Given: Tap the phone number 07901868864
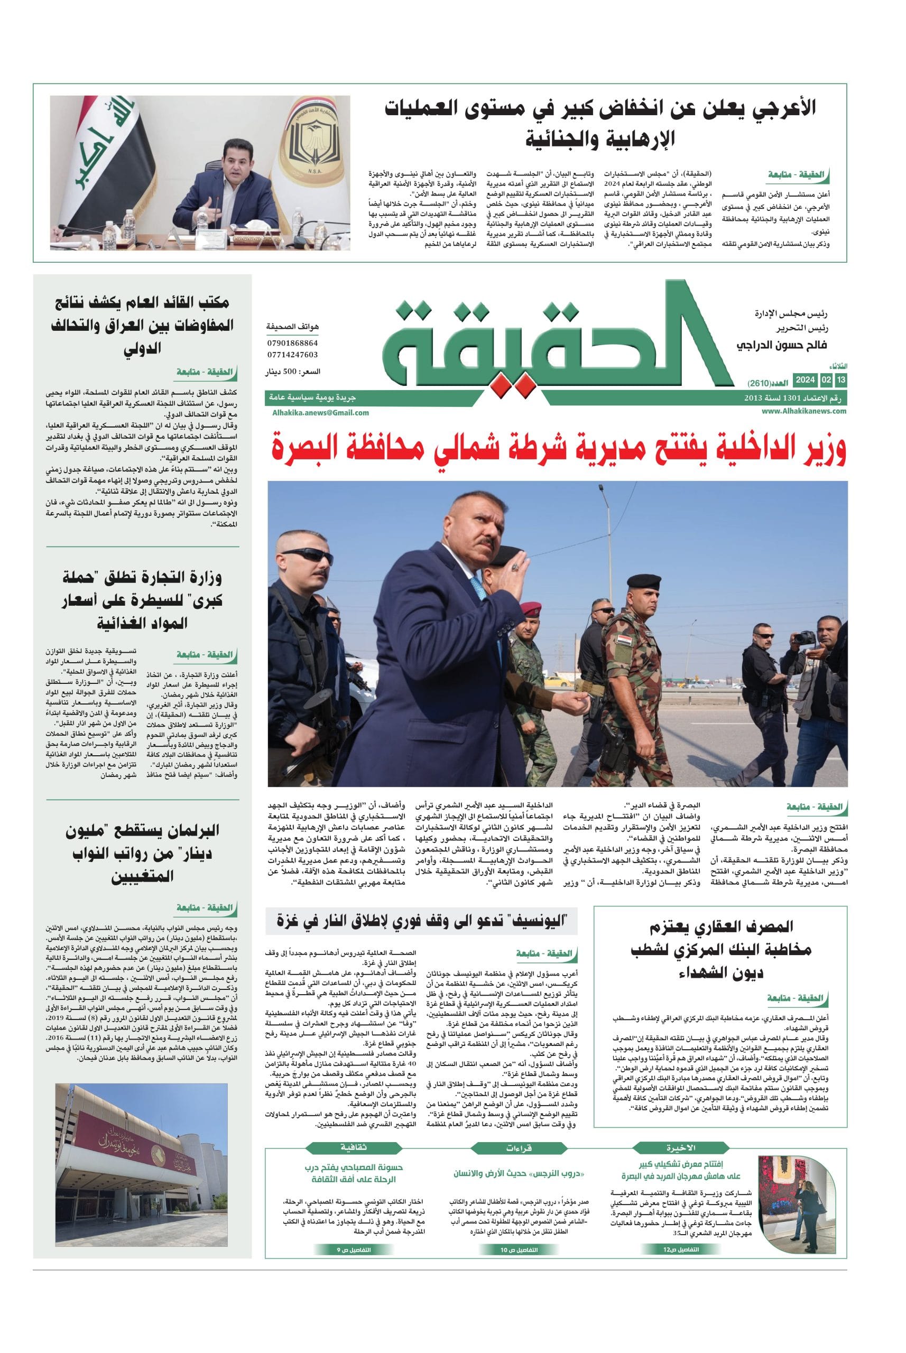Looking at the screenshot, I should (x=292, y=342).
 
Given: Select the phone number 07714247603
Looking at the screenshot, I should (x=292, y=355).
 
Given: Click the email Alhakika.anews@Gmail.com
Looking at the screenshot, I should (x=320, y=412).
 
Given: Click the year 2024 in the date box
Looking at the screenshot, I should (x=805, y=379).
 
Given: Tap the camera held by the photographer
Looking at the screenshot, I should (x=802, y=638).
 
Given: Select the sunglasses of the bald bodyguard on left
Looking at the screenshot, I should (x=317, y=556).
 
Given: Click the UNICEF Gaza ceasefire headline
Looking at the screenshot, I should (x=422, y=921).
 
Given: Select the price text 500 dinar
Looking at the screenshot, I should (x=292, y=372).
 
